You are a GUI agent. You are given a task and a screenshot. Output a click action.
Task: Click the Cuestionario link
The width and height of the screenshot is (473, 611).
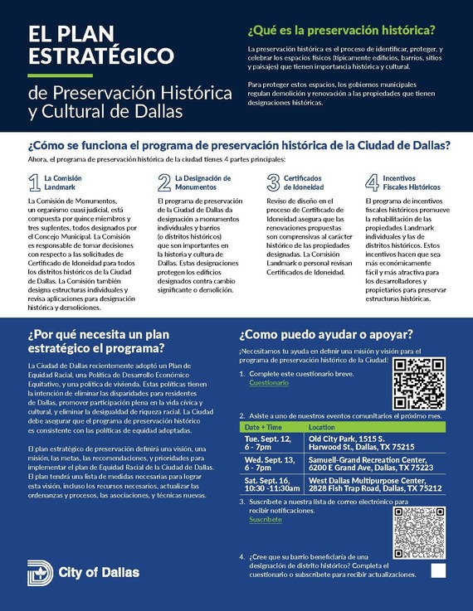269,383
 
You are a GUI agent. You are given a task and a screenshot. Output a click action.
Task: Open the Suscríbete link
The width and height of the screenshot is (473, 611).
266,520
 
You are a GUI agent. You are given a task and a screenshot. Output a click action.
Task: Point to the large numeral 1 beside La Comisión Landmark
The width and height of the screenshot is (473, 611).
34,182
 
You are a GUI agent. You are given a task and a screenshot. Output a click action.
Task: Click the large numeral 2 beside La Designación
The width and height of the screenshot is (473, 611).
164,182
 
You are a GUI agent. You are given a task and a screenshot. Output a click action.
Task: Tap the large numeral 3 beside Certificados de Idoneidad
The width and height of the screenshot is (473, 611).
272,182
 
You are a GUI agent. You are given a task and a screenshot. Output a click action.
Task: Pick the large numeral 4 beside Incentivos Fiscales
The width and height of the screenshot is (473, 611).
372,182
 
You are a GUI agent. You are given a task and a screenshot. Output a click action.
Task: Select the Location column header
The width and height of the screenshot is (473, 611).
321,426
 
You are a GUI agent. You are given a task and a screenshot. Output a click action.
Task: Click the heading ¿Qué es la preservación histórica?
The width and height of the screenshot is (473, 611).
341,31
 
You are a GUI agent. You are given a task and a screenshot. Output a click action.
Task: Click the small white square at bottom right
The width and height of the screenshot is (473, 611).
438,570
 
